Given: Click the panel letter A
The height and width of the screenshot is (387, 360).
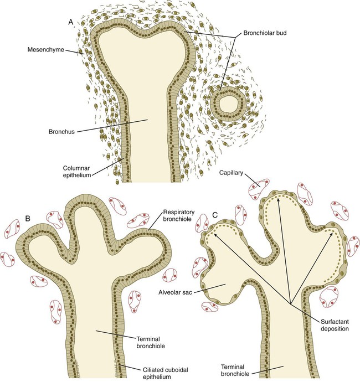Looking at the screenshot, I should (x=70, y=22).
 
